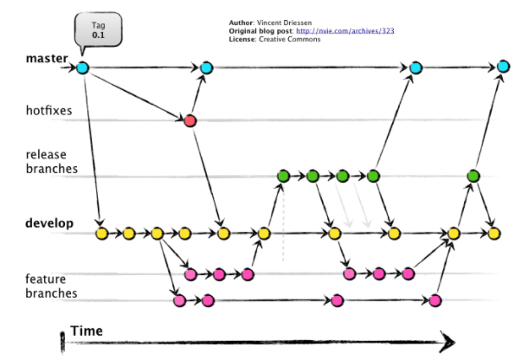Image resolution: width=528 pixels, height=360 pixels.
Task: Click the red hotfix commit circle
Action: coord(190,120)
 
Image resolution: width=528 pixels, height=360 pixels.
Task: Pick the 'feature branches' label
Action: coord(50,286)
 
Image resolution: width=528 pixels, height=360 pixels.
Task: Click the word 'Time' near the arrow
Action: coord(87,331)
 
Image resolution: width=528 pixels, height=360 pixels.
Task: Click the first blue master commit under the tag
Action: coord(82,67)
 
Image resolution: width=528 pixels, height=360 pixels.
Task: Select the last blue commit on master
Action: coord(503,67)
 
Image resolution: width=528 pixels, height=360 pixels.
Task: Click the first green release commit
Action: coord(283,177)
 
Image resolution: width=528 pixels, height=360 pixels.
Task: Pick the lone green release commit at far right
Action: coord(473,177)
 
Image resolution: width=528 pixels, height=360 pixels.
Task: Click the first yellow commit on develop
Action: coord(101,233)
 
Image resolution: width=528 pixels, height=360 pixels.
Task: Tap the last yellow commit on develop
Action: coord(493,233)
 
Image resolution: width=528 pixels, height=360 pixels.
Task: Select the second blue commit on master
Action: coord(206,67)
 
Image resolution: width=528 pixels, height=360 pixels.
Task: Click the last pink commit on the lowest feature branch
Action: coord(435,301)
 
